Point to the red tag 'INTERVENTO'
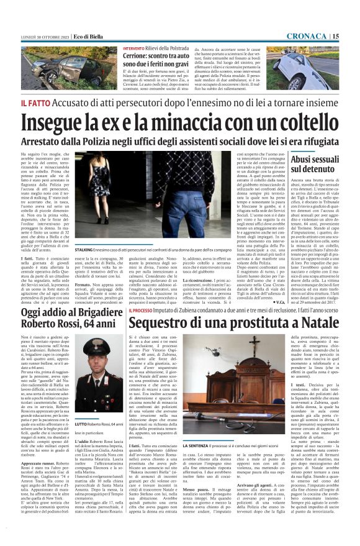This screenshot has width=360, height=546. point(138,48)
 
